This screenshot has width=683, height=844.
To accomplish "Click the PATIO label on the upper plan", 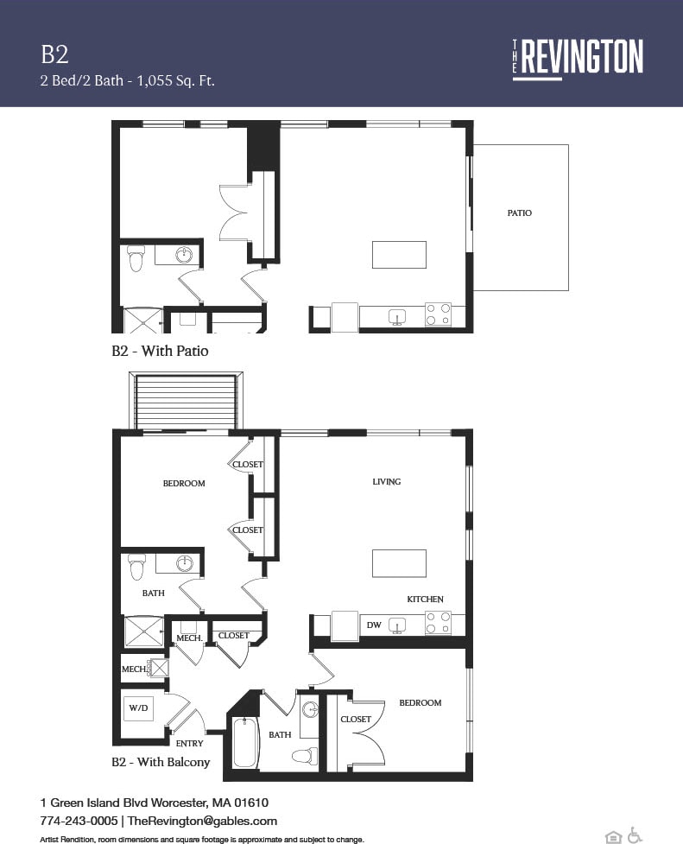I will [520, 213].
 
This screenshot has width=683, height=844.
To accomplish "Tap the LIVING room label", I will [387, 481].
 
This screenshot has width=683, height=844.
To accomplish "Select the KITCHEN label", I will [425, 599].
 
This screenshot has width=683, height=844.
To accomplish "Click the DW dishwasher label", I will [374, 625].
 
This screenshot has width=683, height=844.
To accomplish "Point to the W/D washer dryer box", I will [138, 708].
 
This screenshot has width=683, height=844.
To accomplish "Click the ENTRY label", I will [189, 743].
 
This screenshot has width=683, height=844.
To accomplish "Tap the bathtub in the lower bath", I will [246, 743].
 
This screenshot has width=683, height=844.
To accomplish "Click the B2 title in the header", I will [54, 54].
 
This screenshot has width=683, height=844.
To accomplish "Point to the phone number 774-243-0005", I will [77, 821].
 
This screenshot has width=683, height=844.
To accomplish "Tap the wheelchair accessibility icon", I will [635, 835].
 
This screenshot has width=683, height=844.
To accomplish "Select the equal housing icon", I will [613, 836].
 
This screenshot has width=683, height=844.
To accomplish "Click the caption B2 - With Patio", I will [160, 351].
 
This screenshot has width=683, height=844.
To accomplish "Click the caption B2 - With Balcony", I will [161, 762].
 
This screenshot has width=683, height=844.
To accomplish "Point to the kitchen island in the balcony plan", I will [399, 563].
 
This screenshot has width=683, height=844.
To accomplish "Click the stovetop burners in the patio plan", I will [438, 314].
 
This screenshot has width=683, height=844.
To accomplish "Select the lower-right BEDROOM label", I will [420, 703].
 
